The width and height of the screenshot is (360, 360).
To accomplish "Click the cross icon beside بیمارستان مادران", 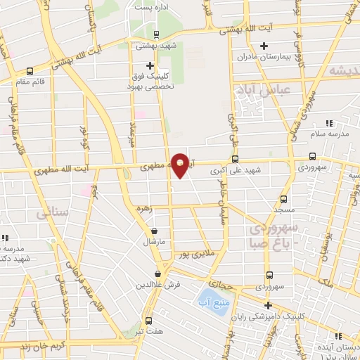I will click(x=264, y=46).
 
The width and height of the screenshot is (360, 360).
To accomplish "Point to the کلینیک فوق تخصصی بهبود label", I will click(x=150, y=80).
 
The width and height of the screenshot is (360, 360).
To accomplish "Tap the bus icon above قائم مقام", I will click(x=29, y=71).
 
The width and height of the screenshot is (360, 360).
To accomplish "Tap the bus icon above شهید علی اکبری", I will click(x=235, y=159).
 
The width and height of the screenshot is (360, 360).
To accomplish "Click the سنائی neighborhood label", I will click(x=53, y=210).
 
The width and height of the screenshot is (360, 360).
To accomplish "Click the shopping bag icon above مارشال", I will click(x=154, y=231).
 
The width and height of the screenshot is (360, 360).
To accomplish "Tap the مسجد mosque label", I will click(x=284, y=210).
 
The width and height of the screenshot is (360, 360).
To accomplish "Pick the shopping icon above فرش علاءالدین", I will click(x=158, y=274).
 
